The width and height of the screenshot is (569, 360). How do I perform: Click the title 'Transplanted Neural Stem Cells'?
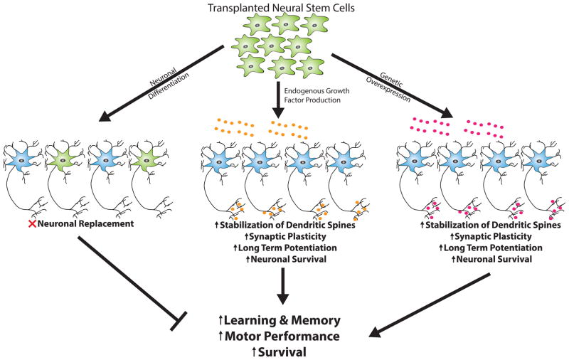(284, 9)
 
